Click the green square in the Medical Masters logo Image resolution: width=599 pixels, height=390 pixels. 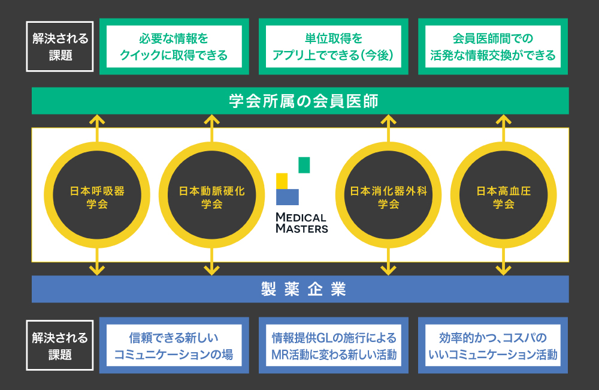tap(304, 165)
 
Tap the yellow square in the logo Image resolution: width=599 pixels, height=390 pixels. tap(282, 181)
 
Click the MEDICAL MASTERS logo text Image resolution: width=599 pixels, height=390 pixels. tap(301, 223)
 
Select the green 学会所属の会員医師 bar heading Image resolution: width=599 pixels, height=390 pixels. tap(300, 101)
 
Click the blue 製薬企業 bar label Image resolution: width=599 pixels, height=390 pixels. tap(300, 289)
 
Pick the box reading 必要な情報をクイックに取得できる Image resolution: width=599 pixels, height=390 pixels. tap(174, 47)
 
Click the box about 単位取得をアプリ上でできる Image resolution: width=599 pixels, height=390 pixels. tap(333, 47)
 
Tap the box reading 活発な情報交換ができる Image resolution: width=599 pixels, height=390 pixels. tap(492, 47)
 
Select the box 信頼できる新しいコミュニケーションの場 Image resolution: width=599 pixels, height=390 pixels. tap(174, 346)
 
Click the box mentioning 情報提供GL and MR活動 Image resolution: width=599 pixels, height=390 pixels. tap(333, 346)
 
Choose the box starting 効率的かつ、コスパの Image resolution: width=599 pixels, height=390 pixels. tap(492, 346)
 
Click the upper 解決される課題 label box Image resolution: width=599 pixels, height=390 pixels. tap(60, 47)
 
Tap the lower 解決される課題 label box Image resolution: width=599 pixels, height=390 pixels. tap(60, 346)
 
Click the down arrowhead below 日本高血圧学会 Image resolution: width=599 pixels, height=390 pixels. tap(503, 271)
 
